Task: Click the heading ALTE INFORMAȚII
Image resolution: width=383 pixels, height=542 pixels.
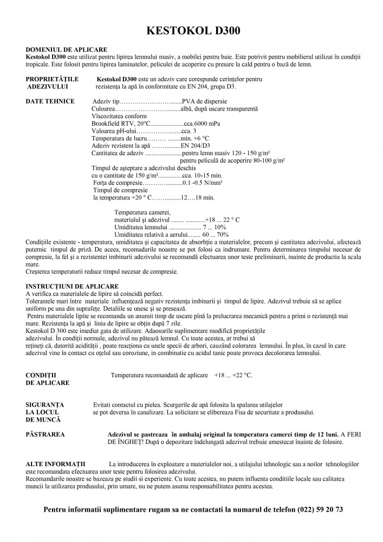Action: [59, 464]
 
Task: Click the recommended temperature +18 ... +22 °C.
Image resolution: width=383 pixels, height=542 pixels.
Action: [233, 375]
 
